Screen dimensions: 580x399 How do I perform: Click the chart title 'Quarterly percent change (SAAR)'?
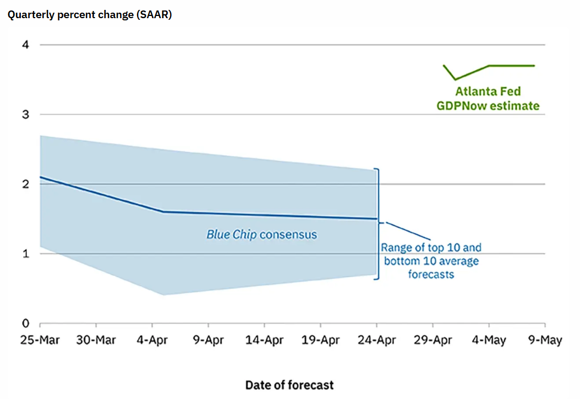click(x=90, y=15)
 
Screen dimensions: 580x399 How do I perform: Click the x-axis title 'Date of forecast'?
click(x=289, y=385)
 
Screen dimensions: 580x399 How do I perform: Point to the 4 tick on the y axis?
click(x=25, y=45)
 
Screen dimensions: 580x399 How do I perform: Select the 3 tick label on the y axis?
click(x=25, y=114)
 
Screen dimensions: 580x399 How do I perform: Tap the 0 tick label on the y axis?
click(x=25, y=323)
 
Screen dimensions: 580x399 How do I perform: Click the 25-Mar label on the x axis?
click(x=40, y=340)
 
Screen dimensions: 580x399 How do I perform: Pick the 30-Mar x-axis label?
click(x=96, y=340)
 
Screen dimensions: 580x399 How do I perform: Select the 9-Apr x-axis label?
click(x=208, y=340)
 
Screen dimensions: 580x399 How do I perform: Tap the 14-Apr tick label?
click(x=265, y=340)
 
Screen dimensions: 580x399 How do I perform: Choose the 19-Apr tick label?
click(x=321, y=340)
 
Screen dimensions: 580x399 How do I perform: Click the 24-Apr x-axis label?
click(x=376, y=340)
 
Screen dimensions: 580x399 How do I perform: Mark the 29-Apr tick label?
click(x=433, y=340)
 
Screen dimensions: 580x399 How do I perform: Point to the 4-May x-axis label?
click(x=489, y=340)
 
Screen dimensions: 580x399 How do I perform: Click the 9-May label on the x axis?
click(x=545, y=340)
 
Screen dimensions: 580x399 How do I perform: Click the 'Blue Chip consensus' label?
click(x=261, y=234)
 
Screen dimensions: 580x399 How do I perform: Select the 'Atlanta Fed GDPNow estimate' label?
click(x=488, y=99)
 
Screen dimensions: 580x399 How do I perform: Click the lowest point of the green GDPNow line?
click(x=455, y=79)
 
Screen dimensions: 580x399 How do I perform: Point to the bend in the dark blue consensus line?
click(x=163, y=212)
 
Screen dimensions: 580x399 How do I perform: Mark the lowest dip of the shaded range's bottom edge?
click(x=163, y=295)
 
